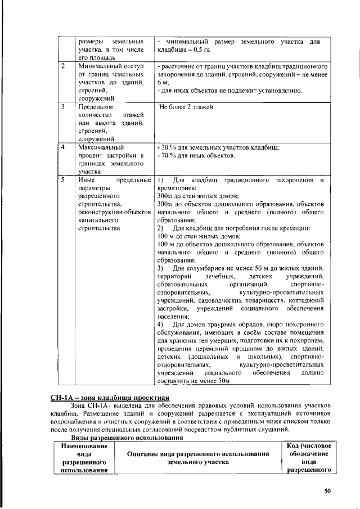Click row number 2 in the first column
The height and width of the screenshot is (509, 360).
(64, 66)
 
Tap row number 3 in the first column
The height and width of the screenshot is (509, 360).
(64, 106)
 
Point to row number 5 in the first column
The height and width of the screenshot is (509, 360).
(64, 180)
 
